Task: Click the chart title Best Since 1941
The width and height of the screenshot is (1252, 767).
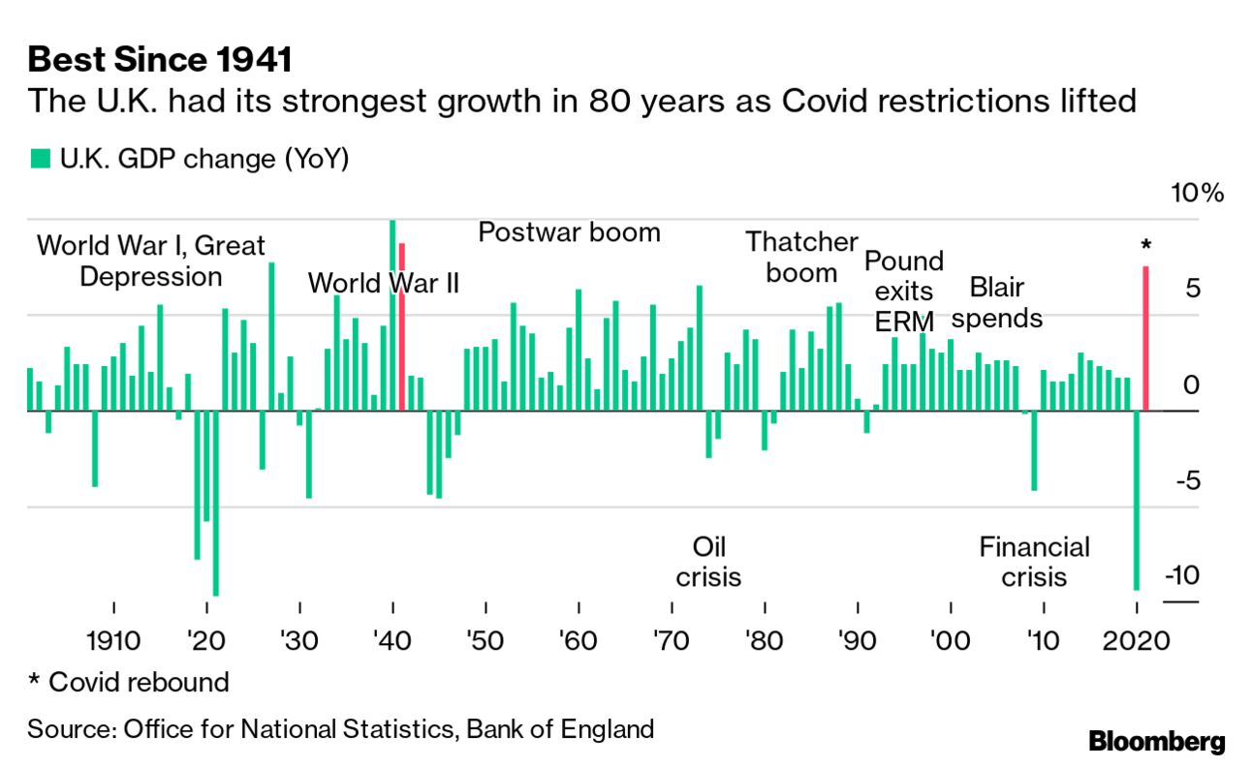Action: point(160,60)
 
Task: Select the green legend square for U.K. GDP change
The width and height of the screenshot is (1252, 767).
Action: point(39,159)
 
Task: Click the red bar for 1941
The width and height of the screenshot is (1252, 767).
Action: point(401,326)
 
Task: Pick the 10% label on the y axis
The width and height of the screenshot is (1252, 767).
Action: point(1198,193)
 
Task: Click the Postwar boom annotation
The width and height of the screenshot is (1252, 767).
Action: point(570,232)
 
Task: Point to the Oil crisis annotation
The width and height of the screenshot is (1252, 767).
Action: point(708,562)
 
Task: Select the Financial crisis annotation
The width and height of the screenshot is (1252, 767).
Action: point(1034,562)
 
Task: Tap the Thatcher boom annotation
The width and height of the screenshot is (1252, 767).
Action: point(801,257)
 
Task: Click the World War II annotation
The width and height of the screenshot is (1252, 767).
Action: point(383,284)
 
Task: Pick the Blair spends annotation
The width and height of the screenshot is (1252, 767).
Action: point(997,302)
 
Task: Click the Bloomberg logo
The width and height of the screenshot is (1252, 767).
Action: point(1157,742)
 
